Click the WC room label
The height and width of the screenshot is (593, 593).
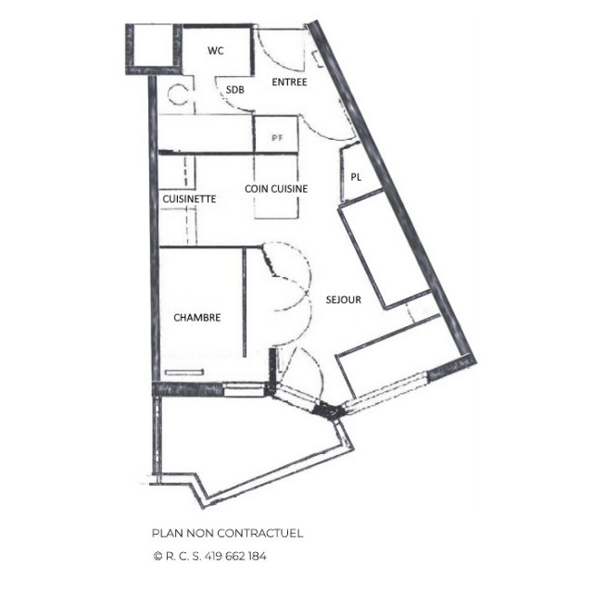(215, 50)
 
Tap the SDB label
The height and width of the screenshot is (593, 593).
(235, 89)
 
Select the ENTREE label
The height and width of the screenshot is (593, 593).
(289, 82)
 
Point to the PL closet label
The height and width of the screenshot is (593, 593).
(356, 177)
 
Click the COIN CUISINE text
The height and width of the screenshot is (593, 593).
(276, 188)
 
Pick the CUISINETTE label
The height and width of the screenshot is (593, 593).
(189, 198)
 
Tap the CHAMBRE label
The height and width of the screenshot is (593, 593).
(196, 317)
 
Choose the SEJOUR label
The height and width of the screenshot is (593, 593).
(343, 299)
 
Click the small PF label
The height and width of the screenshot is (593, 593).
(276, 137)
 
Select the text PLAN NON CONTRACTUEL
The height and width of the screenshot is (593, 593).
(227, 533)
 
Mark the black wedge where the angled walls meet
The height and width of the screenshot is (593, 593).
(325, 408)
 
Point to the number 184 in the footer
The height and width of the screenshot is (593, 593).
(257, 557)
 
